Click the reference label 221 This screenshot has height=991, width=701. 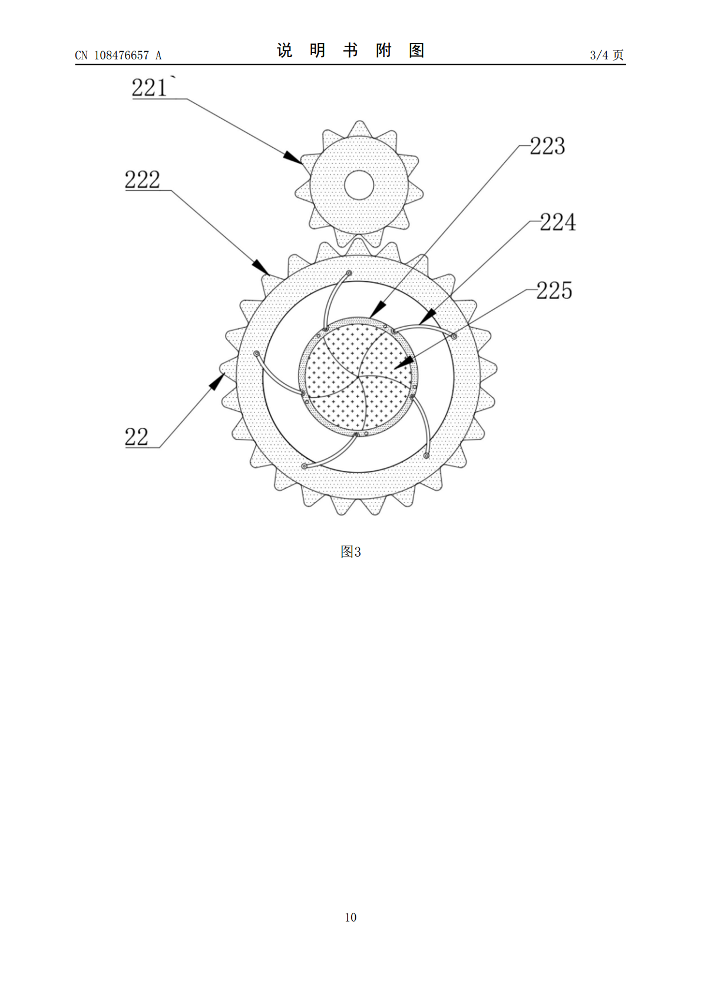(x=149, y=88)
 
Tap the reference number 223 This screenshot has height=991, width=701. (x=548, y=146)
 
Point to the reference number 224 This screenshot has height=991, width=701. (x=558, y=222)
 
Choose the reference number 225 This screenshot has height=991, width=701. (x=554, y=291)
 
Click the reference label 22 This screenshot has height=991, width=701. (x=137, y=437)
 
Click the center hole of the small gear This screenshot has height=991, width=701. (x=359, y=185)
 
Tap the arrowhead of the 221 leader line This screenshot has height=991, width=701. (x=293, y=158)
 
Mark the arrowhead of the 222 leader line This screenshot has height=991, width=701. (x=260, y=267)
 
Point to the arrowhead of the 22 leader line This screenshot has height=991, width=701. (x=217, y=381)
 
